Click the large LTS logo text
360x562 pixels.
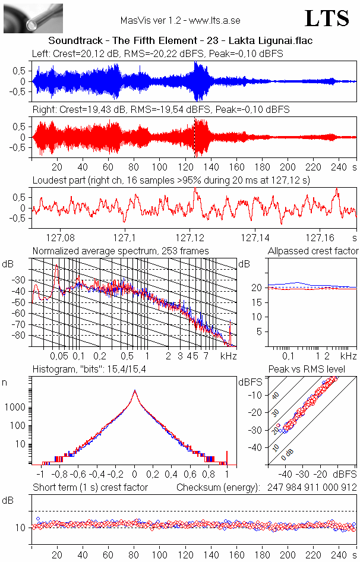327,18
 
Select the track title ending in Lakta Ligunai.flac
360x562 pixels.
180,41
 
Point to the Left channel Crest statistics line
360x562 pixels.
157,53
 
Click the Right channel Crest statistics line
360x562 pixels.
160,110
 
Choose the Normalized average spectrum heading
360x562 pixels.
121,251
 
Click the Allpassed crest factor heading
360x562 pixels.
313,251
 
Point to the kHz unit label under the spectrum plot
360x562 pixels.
229,356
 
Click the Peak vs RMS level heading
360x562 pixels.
314,370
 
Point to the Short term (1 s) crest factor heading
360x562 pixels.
90,488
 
